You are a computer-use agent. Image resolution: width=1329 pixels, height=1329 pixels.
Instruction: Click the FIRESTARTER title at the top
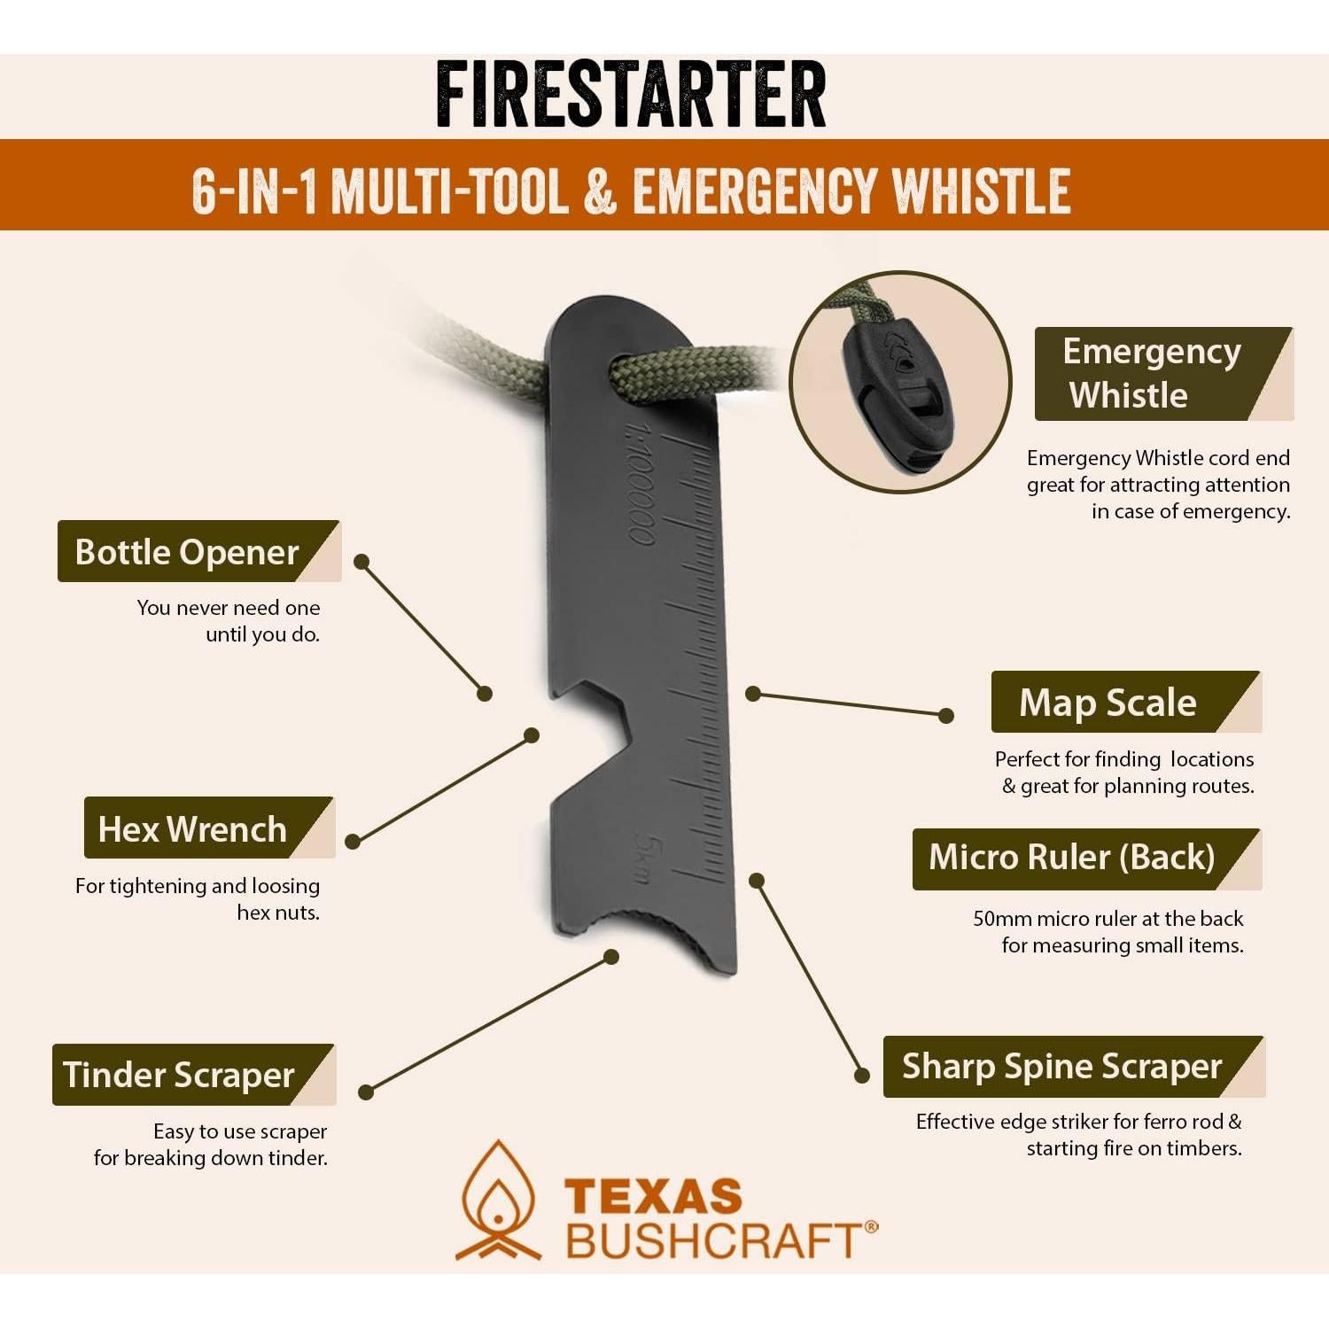[x=631, y=96]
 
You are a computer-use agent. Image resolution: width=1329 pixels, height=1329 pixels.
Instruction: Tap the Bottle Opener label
[x=187, y=552]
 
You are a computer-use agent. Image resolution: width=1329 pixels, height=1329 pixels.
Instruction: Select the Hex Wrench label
[x=192, y=829]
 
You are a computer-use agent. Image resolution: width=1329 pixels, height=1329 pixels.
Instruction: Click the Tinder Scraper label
[x=179, y=1075]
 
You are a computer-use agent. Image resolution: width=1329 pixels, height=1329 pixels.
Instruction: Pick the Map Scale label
[x=1107, y=703]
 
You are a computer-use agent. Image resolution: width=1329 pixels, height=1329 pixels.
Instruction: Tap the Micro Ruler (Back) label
[x=1072, y=858]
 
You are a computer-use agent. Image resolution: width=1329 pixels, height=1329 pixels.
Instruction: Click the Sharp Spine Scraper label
[x=1061, y=1067]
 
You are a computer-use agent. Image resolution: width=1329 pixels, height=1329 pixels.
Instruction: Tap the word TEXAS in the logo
[x=653, y=1197]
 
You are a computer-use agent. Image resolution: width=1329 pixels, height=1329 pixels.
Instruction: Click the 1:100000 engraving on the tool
[x=641, y=483]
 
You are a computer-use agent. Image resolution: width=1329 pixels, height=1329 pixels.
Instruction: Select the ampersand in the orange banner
[x=600, y=191]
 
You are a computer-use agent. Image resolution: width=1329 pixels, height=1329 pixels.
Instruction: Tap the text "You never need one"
[x=228, y=608]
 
